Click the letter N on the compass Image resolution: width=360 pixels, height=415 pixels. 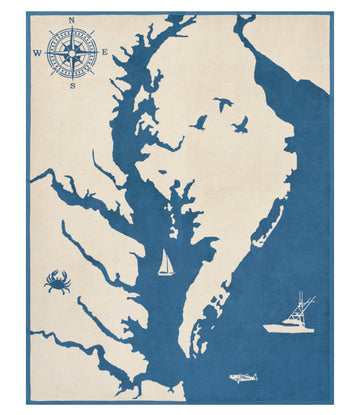coord(73,20)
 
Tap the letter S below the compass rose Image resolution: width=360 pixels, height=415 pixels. coord(73,86)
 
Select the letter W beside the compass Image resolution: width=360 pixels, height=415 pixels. coord(38,53)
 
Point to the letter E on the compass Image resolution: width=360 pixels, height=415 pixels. coord(106,53)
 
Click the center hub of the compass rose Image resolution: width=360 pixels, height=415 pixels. coord(73,53)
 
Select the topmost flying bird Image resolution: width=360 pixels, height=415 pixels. coord(222,102)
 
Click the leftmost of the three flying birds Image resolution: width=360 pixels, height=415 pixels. coord(200,122)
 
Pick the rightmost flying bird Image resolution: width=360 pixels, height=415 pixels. coord(241,124)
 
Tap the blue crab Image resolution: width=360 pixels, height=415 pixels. coord(57,283)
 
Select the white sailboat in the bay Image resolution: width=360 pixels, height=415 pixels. coord(166,265)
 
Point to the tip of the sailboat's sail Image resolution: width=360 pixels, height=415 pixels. coord(166,251)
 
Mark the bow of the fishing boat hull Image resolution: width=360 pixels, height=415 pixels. coord(267,326)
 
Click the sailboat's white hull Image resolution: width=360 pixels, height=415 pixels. coord(166,274)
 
